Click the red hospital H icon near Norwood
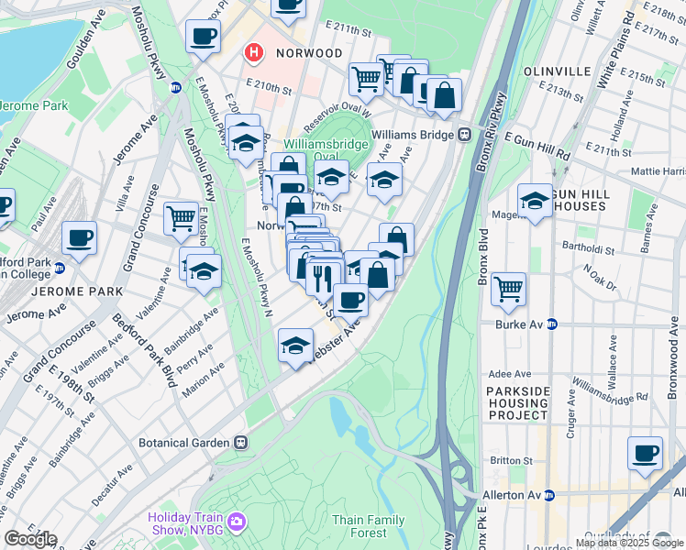tap(252, 54)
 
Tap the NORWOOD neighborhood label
tap(305, 53)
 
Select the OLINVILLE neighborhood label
tap(557, 71)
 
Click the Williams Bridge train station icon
tap(465, 134)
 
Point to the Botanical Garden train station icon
tap(240, 442)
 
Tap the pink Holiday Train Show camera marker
tap(237, 522)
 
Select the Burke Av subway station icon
tap(552, 324)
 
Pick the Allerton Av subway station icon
tap(549, 495)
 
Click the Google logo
tap(29, 539)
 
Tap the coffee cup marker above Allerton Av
tap(646, 453)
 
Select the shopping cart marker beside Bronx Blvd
tap(508, 290)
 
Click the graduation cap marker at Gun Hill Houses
tap(535, 201)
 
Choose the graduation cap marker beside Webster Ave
tap(294, 346)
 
